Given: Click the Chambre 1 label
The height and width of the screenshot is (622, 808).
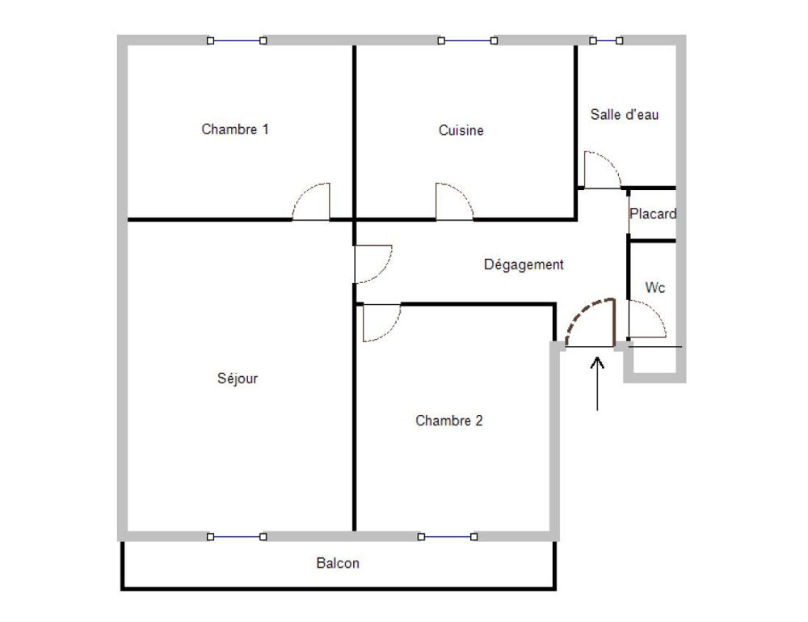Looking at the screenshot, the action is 235,129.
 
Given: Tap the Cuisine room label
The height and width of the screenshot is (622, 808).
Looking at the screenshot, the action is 461,130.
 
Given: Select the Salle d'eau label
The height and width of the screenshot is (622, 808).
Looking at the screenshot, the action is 625,114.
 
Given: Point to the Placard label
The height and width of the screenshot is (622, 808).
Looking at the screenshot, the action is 653,213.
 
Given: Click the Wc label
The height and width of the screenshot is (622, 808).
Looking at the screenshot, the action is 655,287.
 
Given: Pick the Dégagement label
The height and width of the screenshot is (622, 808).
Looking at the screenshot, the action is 524,264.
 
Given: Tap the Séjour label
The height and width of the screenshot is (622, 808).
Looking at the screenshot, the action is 237,378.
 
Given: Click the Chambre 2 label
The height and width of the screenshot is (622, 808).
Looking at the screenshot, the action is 448,421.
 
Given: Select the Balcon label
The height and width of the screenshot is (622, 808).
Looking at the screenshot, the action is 338,563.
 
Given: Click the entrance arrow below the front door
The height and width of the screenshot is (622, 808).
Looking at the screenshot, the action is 597,383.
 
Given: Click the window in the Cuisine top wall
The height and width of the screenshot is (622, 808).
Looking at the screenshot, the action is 467,40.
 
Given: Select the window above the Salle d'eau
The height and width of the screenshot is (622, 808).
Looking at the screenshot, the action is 606,40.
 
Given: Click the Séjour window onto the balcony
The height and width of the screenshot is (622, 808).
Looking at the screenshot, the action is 237,537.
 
